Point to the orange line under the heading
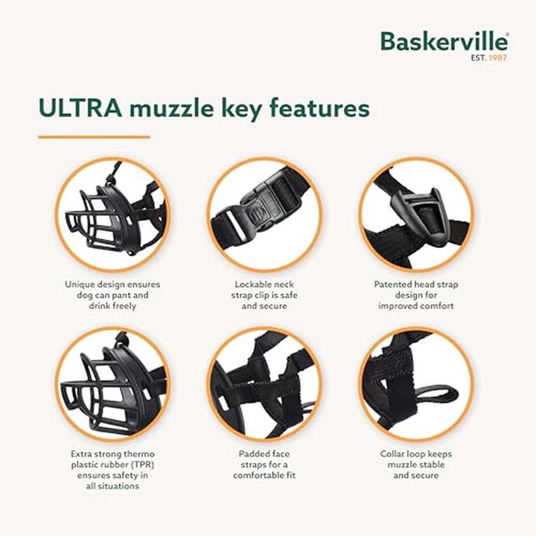[x=94, y=137]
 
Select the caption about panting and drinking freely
[x=112, y=295]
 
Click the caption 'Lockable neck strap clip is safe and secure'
[x=264, y=295]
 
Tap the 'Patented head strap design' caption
[x=415, y=295]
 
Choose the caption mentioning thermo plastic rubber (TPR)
[x=112, y=469]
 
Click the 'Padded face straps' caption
[x=264, y=464]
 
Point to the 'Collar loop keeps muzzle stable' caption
[x=415, y=464]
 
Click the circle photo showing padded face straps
[x=264, y=384]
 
